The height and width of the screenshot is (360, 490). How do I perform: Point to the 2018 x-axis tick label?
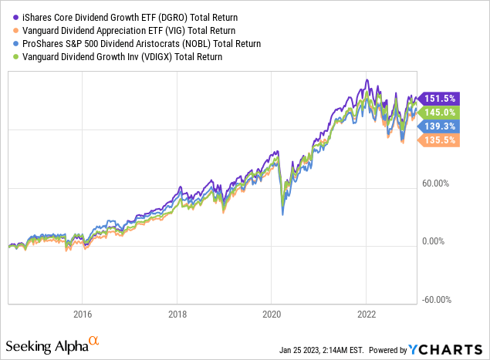click(177, 314)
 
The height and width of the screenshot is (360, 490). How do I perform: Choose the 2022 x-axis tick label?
click(367, 314)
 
